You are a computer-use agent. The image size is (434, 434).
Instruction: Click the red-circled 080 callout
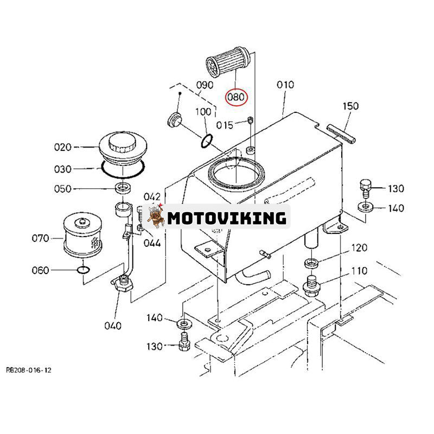click(x=236, y=97)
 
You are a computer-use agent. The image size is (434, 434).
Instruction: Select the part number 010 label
click(x=285, y=85)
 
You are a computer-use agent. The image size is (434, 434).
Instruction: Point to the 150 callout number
click(x=350, y=106)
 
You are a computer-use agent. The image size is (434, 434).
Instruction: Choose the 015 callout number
click(x=224, y=125)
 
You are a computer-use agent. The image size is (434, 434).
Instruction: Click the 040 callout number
click(x=112, y=325)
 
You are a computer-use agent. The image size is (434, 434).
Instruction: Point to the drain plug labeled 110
click(x=312, y=285)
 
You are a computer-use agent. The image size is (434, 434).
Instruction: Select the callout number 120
click(x=359, y=248)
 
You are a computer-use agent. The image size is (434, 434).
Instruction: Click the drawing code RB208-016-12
click(x=29, y=370)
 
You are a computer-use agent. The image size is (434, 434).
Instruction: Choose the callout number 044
click(x=152, y=243)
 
